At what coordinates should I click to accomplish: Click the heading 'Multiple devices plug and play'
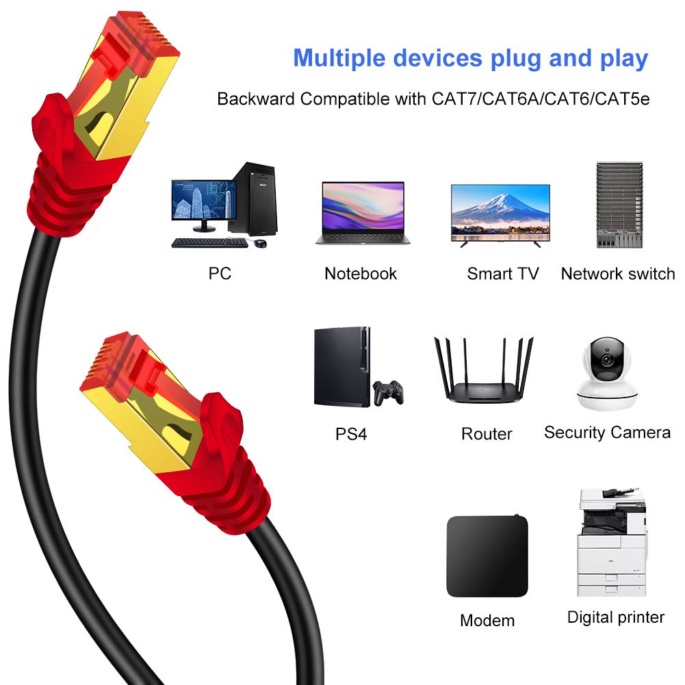(470, 58)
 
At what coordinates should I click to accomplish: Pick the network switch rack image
(619, 205)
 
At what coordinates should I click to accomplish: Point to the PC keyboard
(209, 243)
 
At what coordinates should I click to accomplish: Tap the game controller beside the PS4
(387, 392)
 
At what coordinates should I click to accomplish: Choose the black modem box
(487, 556)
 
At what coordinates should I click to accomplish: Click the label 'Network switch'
(617, 274)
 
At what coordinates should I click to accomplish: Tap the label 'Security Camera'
(607, 432)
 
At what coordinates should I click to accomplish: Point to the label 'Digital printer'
(615, 617)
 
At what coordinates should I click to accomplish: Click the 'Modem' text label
(487, 621)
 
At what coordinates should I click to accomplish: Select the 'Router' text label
(487, 434)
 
